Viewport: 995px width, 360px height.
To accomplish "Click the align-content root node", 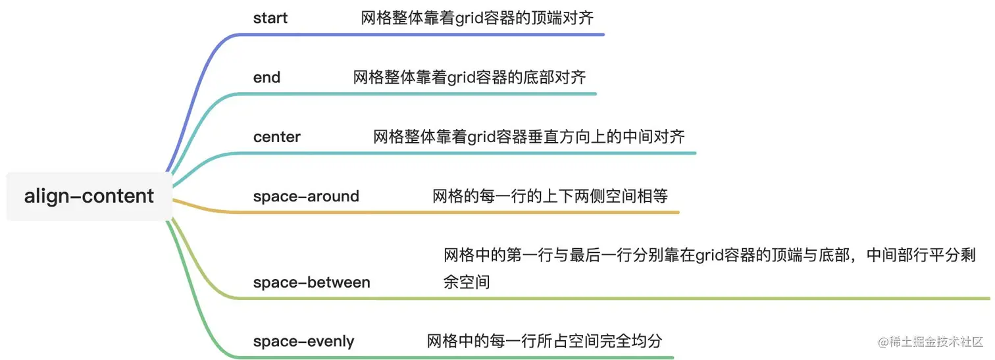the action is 89,196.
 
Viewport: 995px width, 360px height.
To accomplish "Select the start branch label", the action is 270,18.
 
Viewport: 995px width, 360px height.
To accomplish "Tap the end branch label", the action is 267,77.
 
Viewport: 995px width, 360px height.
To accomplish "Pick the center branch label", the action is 276,137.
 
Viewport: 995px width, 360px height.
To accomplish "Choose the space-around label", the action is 306,196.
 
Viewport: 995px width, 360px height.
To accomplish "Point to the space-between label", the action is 311,282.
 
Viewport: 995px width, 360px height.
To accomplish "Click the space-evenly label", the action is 303,342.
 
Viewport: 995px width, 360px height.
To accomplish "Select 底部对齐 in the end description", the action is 557,77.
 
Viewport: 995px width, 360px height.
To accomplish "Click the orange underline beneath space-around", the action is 461,212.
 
